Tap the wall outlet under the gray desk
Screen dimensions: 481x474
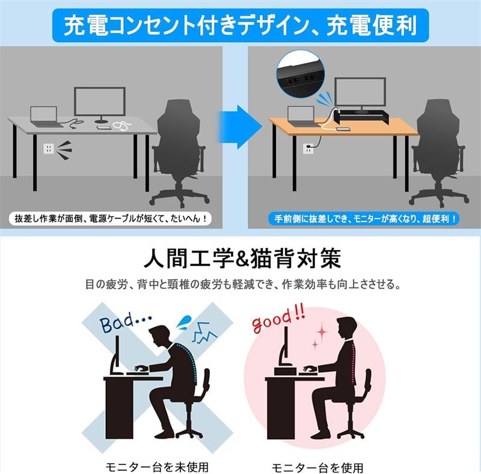point(49,149)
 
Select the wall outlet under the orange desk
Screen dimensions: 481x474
point(308,149)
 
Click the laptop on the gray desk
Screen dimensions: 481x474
point(45,117)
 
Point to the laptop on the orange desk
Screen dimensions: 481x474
point(302,116)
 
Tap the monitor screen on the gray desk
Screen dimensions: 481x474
point(100,101)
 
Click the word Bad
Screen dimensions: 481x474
point(117,322)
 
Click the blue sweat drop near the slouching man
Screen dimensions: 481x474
point(184,322)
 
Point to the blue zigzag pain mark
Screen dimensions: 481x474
point(204,333)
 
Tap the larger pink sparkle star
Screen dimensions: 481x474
point(322,331)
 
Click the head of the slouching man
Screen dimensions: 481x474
point(161,337)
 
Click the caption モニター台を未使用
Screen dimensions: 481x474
point(157,467)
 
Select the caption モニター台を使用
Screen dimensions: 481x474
point(317,468)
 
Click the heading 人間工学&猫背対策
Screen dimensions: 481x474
point(242,259)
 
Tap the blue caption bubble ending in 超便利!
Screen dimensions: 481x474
point(363,218)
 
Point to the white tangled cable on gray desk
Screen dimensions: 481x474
point(122,125)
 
